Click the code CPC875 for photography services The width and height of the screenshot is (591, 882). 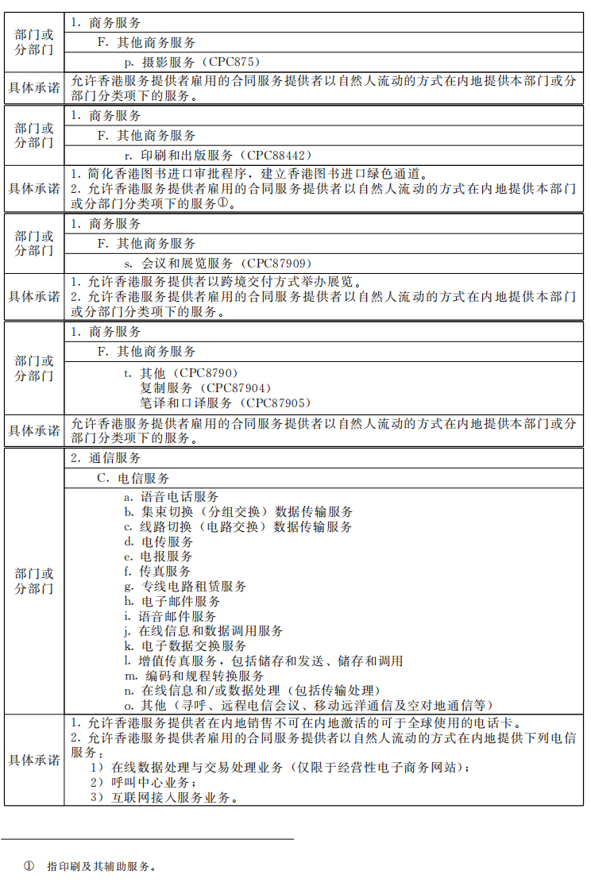pyautogui.click(x=235, y=61)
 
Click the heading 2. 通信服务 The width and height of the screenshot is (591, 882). pyautogui.click(x=106, y=458)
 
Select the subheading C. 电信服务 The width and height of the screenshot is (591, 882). pyautogui.click(x=133, y=478)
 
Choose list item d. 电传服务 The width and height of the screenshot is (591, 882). pyautogui.click(x=158, y=541)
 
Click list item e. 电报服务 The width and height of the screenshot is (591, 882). pyautogui.click(x=158, y=557)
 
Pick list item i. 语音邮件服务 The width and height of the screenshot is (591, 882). pyautogui.click(x=170, y=616)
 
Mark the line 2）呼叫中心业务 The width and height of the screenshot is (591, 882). pyautogui.click(x=144, y=783)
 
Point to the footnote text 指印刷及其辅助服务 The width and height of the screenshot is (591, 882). pyautogui.click(x=100, y=865)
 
